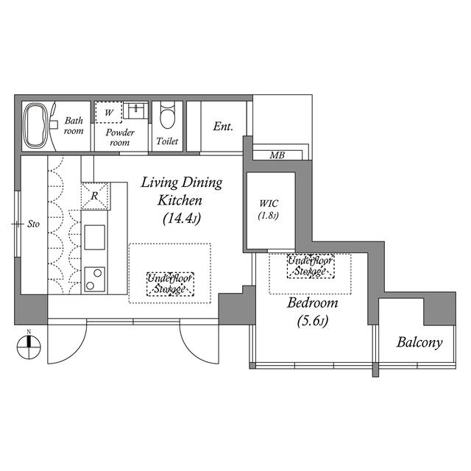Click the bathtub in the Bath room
coord(36,126)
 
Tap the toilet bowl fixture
coord(167,115)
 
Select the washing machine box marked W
coord(109,112)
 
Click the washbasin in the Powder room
coord(135,110)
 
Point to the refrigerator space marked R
coord(95,196)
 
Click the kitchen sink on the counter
coord(95,237)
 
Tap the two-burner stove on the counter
coord(95,280)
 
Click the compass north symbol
coord(29,346)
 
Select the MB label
coord(277,155)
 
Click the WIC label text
coord(269,204)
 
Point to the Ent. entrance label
coord(223,126)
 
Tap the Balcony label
coord(419,343)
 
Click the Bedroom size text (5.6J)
coord(312,321)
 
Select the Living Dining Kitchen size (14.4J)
coord(182,219)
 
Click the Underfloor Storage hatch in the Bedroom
coord(311,266)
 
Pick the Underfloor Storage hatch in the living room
coord(170,284)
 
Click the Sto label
coord(33,224)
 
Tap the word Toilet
coord(167,141)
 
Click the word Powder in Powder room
coord(120,132)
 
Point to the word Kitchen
coord(180,200)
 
